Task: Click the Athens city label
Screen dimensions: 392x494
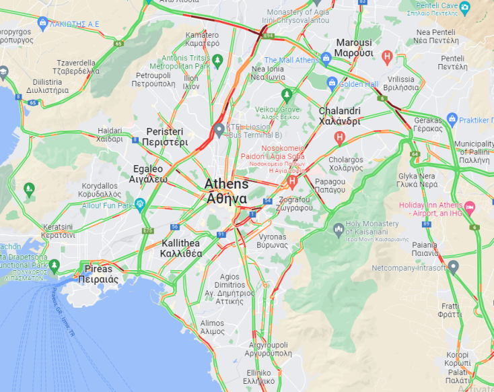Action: pyautogui.click(x=227, y=191)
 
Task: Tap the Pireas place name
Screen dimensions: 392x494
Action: pyautogui.click(x=98, y=273)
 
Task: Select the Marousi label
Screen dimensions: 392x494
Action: pyautogui.click(x=354, y=48)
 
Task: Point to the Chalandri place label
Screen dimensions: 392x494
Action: pyautogui.click(x=339, y=116)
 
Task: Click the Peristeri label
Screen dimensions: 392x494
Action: pyautogui.click(x=165, y=137)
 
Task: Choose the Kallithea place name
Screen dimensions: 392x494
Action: pyautogui.click(x=181, y=249)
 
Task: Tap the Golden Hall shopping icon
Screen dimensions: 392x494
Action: pyautogui.click(x=332, y=84)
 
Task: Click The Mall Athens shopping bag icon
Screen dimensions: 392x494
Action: pyautogui.click(x=326, y=59)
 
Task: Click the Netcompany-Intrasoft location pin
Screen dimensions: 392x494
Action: pyautogui.click(x=454, y=267)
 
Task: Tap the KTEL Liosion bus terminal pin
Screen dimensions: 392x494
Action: pyautogui.click(x=218, y=130)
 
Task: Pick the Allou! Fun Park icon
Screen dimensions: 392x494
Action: pyautogui.click(x=140, y=203)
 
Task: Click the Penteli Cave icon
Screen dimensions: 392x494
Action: pyautogui.click(x=483, y=7)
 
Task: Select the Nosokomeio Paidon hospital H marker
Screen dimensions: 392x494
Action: pyautogui.click(x=292, y=181)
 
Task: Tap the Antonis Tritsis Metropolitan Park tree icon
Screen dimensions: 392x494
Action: pyautogui.click(x=218, y=61)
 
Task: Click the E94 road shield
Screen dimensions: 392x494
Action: pyautogui.click(x=269, y=34)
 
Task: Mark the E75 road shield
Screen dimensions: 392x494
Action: pyautogui.click(x=147, y=230)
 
